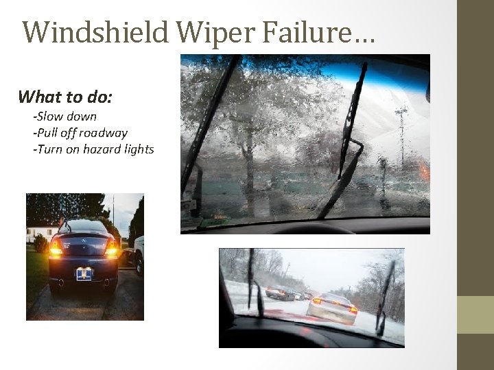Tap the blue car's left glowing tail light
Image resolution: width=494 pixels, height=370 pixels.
(x=56, y=248)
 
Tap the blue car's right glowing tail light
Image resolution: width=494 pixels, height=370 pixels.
(x=110, y=248)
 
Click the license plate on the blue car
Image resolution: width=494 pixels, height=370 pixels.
(x=84, y=273)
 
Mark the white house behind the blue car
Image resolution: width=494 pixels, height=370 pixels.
(x=37, y=232)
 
